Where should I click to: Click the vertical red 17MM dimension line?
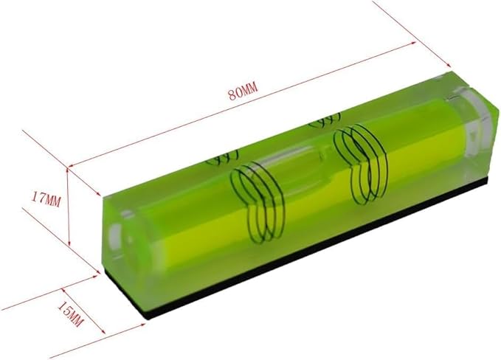tap(69, 207)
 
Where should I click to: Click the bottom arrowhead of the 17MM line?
tap(69, 246)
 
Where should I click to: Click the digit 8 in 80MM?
tap(231, 94)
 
